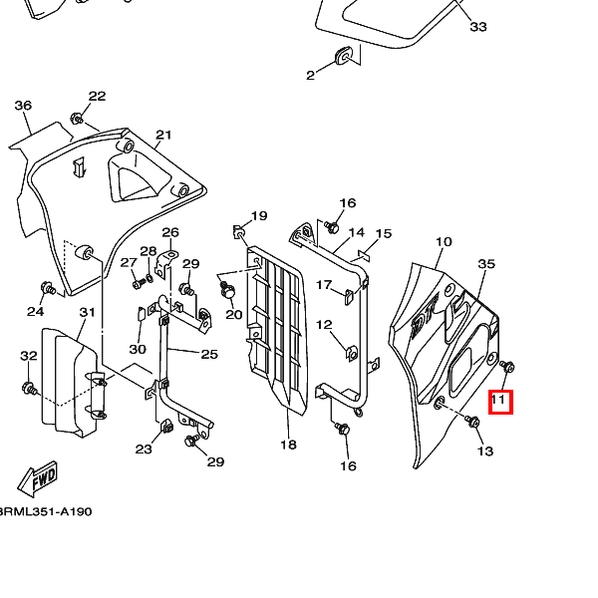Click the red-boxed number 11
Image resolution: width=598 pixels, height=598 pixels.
[x=500, y=403]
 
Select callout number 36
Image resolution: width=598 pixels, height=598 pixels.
[x=23, y=106]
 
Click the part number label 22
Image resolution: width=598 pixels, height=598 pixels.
[x=97, y=97]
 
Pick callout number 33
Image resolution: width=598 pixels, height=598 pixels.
[x=478, y=26]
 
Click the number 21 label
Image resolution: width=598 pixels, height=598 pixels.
[x=163, y=136]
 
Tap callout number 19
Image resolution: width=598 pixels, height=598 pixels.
[x=259, y=216]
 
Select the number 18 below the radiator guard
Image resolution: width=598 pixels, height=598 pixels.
[x=288, y=445]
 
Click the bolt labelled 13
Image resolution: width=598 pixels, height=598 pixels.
[x=472, y=424]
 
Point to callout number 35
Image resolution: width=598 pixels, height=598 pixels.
[x=486, y=264]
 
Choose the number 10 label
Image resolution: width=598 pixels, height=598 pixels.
[x=445, y=242]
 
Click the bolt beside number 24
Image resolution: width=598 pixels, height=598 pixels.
[x=46, y=289]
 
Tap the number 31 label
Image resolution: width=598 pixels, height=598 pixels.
[x=88, y=313]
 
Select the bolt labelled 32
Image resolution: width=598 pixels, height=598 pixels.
[x=28, y=387]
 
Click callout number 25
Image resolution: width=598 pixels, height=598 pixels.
[x=209, y=354]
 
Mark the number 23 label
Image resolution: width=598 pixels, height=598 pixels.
[x=144, y=449]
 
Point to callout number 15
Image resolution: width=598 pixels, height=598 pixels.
[x=384, y=234]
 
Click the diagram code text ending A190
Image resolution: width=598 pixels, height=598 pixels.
[x=46, y=511]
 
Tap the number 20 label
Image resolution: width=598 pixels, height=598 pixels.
[x=234, y=314]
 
